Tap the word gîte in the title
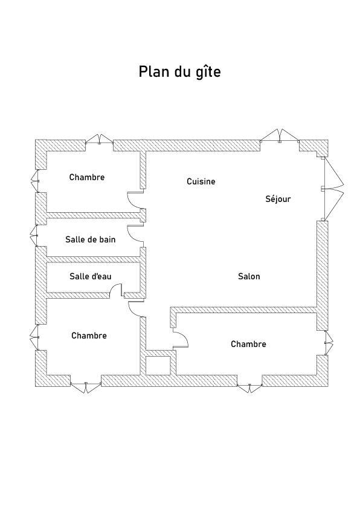tap(208, 72)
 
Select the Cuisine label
tap(201, 181)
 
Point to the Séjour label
tap(278, 199)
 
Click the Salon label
tap(249, 276)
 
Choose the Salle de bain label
tap(91, 239)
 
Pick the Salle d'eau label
tap(91, 276)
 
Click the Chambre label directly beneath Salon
tap(248, 344)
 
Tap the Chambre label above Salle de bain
tap(87, 177)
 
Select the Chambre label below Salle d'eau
tap(89, 336)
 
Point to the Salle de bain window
tap(34, 235)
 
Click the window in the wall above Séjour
tap(280, 136)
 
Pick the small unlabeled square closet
tap(158, 366)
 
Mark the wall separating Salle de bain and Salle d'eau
tap(93, 259)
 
